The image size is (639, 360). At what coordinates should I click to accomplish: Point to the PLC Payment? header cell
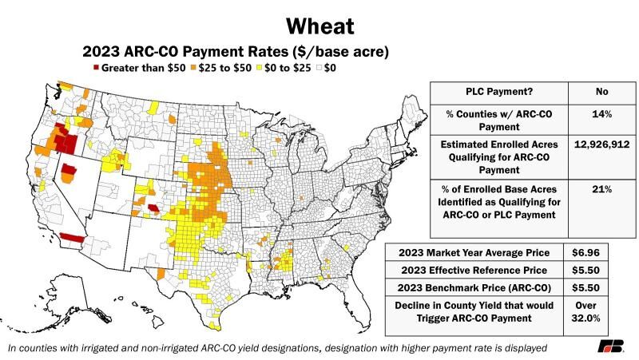tap(499, 91)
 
